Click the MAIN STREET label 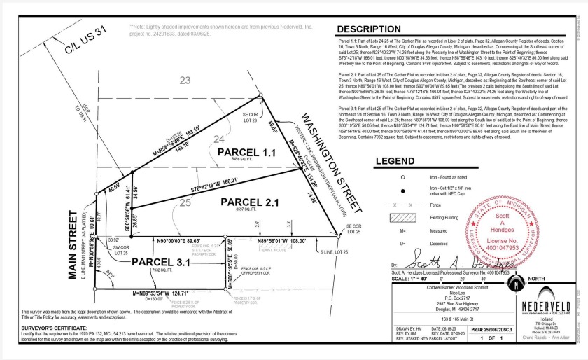[71, 240]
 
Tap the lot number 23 [185, 81]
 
